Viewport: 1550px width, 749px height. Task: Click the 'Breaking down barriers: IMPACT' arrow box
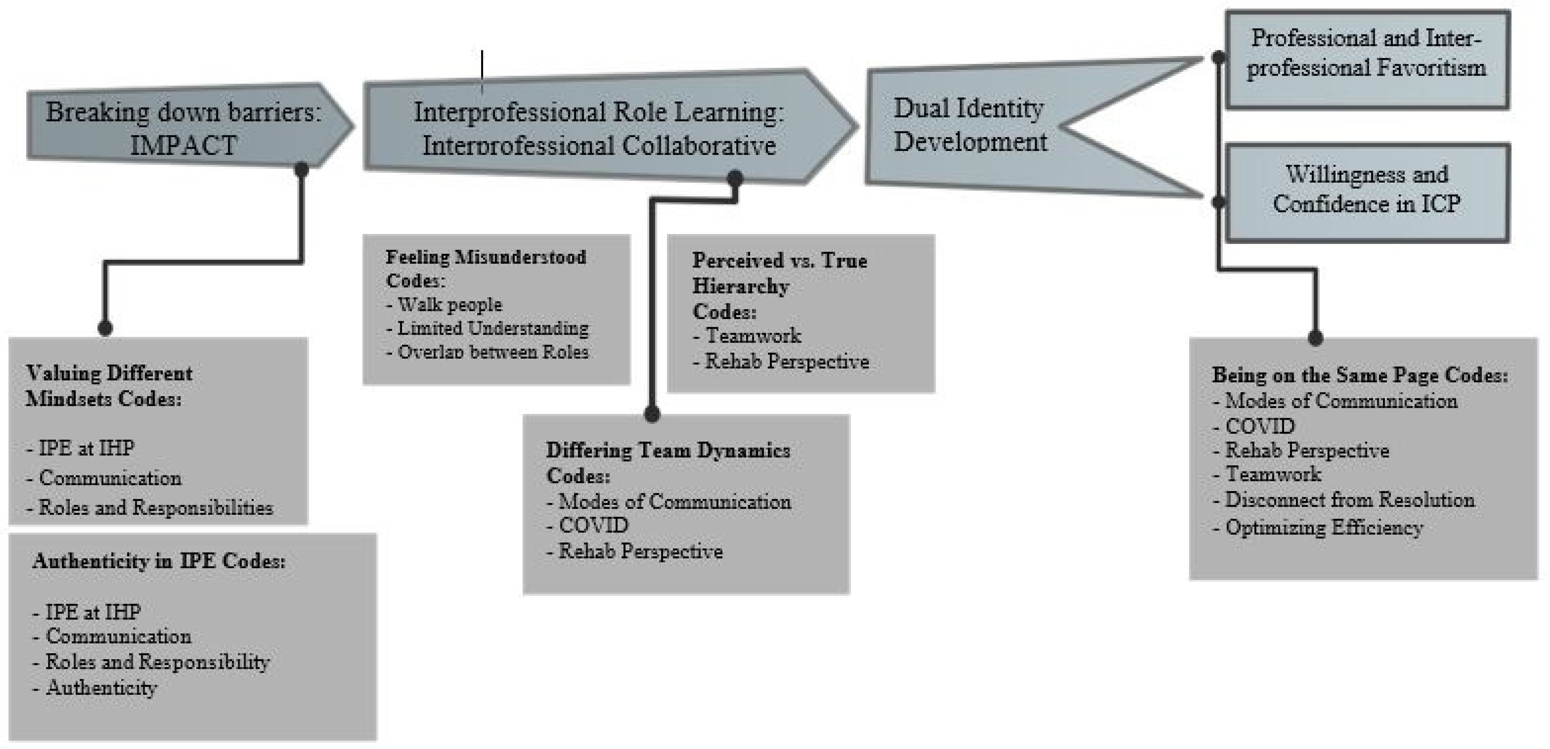(183, 128)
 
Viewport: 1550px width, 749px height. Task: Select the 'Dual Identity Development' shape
(970, 125)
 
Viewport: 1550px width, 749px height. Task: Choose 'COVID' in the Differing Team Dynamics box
(593, 525)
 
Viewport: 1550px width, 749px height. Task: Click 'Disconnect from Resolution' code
(1349, 500)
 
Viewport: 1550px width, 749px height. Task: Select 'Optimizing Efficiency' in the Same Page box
(1324, 527)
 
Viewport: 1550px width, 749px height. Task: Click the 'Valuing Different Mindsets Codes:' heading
(109, 386)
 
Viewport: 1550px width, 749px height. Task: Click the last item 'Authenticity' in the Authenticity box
(101, 688)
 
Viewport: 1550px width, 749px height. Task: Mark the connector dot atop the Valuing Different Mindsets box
(105, 328)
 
